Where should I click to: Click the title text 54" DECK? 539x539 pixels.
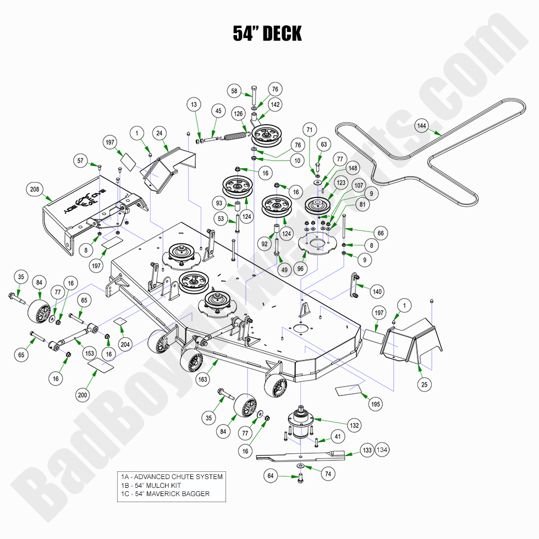[x=267, y=34]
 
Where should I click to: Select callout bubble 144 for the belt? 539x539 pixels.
[x=422, y=126]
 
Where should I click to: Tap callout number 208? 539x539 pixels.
[x=34, y=190]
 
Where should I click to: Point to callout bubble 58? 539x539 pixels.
[x=234, y=91]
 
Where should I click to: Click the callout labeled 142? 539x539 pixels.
[x=275, y=104]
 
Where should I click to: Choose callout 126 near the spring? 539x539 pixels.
[x=239, y=114]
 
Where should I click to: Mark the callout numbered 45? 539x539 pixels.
[x=218, y=111]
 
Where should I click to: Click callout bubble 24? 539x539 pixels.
[x=159, y=133]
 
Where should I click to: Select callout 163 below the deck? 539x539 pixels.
[x=203, y=379]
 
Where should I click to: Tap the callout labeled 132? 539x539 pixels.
[x=355, y=425]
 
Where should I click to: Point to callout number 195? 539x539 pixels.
[x=376, y=404]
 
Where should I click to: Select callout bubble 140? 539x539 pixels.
[x=377, y=291]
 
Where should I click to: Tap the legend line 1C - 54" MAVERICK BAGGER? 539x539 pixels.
[x=165, y=494]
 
